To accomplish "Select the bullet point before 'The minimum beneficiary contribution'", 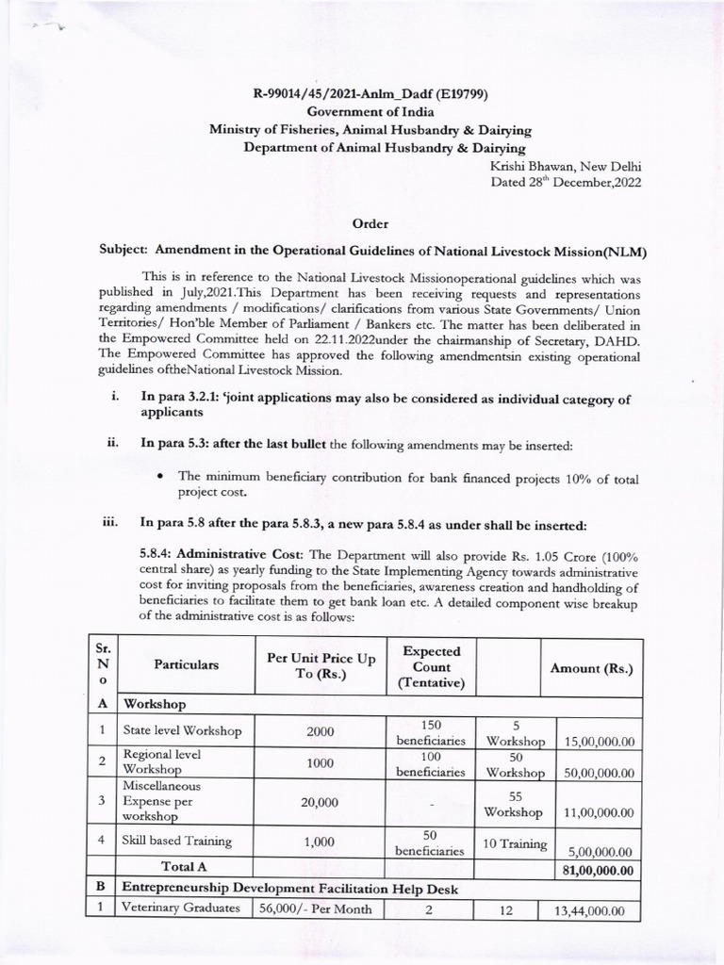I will [x=162, y=480].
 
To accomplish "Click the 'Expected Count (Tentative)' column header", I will [x=431, y=667].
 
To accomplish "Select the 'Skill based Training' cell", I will [x=176, y=841].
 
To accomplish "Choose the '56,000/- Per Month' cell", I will [x=315, y=909].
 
